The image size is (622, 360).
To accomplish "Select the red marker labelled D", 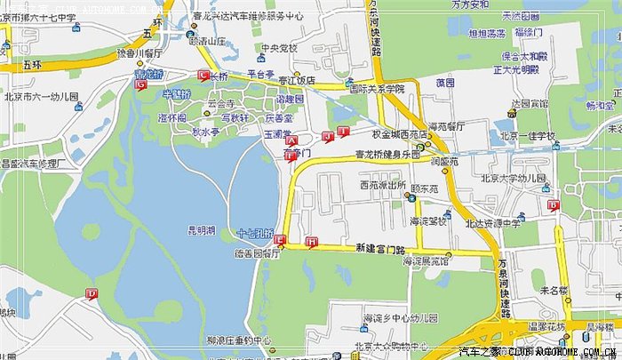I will (92, 293).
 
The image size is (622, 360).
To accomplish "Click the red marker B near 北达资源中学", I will (553, 205).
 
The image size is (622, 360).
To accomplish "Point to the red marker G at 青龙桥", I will (140, 87).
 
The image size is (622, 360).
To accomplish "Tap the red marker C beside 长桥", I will (203, 76).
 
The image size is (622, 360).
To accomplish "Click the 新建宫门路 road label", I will (379, 246).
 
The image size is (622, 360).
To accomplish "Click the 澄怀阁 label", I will (171, 117).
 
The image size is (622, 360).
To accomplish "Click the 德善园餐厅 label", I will (255, 252).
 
